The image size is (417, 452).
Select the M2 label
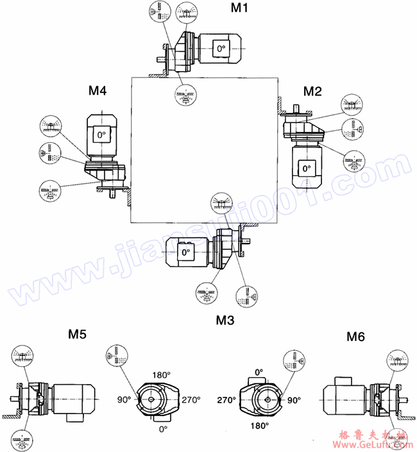312,90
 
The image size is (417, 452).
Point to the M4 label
97,91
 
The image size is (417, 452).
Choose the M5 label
78,334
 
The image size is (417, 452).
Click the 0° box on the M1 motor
221,49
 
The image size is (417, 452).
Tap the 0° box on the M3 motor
186,253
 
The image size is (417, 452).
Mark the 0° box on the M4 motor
100,135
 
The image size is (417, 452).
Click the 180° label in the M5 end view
160,375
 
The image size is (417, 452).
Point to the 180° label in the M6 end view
259,424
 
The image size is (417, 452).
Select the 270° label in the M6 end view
226,399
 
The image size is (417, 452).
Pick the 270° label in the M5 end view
191,399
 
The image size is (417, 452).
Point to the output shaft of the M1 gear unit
160,60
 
